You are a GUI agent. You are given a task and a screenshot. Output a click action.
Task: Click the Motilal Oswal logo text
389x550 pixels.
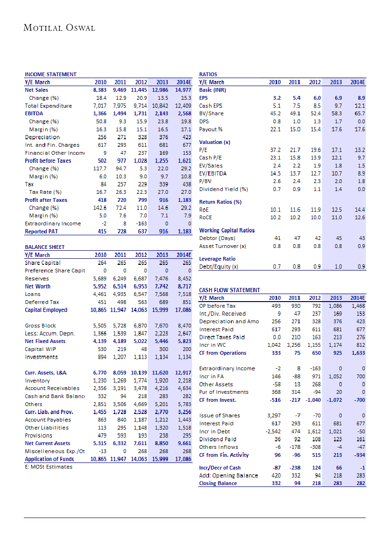59,28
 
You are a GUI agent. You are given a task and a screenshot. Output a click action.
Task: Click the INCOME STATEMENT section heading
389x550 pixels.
50,74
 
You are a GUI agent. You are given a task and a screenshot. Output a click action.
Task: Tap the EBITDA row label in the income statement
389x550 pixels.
35,113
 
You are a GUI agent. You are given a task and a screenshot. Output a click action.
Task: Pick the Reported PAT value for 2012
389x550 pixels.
141,231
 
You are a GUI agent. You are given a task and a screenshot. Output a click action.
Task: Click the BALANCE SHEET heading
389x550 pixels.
45,247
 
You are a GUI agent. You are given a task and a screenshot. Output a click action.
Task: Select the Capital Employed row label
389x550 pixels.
46,310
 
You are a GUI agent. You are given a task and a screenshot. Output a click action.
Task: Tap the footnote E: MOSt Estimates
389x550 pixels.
49,467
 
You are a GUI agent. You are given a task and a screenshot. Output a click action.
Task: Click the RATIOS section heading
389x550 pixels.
208,74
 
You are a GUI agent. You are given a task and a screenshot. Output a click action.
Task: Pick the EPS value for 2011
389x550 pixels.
294,98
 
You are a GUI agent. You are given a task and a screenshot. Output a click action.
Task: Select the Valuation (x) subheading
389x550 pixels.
215,142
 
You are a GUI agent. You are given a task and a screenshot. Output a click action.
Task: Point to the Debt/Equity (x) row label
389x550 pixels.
219,267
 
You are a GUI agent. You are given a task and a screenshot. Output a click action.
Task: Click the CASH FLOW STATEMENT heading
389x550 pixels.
230,290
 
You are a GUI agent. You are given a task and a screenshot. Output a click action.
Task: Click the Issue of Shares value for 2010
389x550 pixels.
273,415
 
